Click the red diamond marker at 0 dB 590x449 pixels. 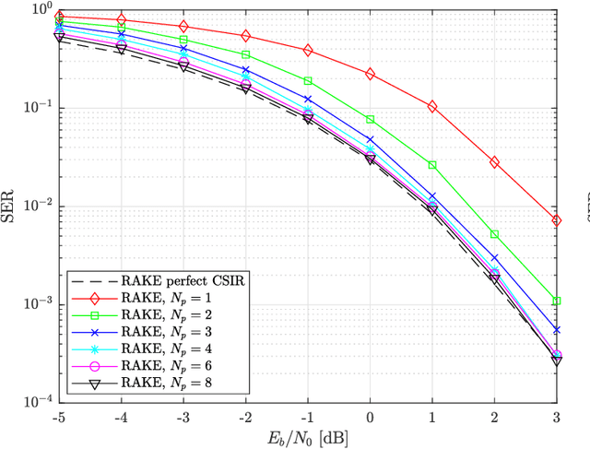coord(371,74)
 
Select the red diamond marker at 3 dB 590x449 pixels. coord(557,220)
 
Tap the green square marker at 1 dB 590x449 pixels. coord(432,165)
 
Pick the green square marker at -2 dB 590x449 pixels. coord(246,55)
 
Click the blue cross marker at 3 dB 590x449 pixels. coord(557,330)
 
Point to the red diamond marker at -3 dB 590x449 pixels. coord(183,27)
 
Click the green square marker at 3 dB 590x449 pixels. coord(557,301)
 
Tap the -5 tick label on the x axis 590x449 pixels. coord(59,416)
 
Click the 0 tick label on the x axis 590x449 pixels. coord(371,416)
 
